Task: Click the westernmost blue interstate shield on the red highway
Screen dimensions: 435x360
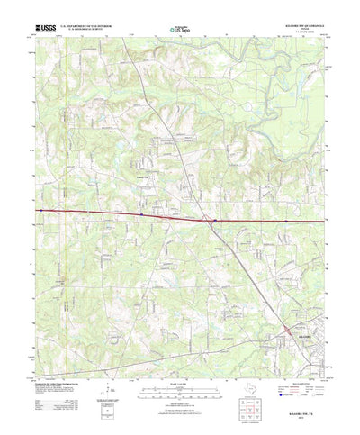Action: [x=40, y=212]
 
